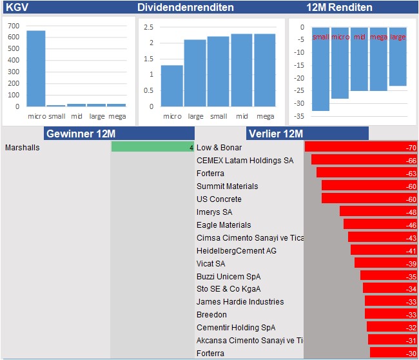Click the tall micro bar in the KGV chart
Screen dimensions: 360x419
(x=35, y=68)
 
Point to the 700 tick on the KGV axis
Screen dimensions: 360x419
(x=14, y=26)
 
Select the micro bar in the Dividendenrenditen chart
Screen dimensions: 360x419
(x=171, y=85)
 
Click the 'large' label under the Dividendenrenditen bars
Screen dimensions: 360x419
(x=195, y=116)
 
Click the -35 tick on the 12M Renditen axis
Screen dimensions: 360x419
(x=299, y=117)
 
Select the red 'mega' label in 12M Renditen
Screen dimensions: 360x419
(x=378, y=37)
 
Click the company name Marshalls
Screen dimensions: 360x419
(x=22, y=148)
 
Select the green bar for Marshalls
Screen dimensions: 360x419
(x=152, y=147)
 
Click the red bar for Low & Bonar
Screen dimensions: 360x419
(x=361, y=147)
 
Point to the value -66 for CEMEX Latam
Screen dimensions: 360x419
(x=411, y=161)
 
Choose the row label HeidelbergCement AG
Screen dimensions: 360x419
(x=236, y=250)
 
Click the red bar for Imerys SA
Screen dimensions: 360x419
(x=378, y=212)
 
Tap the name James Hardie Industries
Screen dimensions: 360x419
(x=240, y=302)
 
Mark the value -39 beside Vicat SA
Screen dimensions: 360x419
(x=411, y=263)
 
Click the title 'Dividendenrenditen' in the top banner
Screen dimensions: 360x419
(x=186, y=8)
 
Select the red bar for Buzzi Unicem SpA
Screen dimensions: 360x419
(x=389, y=276)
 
